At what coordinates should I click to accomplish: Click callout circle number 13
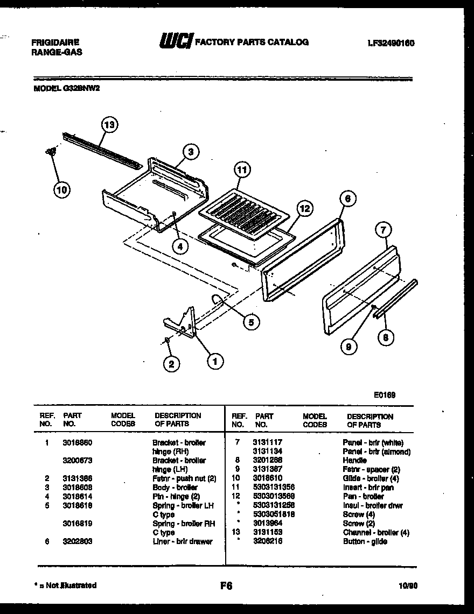[109, 125]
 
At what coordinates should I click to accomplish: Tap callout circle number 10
[62, 189]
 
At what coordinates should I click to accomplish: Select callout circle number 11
[242, 171]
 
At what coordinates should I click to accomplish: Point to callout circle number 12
[304, 208]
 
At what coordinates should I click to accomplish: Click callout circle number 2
[171, 364]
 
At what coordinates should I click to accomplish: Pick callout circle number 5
[250, 322]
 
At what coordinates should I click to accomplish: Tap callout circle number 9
[349, 347]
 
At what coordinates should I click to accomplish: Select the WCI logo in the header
[176, 41]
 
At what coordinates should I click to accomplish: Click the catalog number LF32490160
[391, 43]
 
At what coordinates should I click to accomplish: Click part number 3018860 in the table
[77, 443]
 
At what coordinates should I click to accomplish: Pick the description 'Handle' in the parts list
[354, 461]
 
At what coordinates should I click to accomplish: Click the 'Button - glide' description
[365, 542]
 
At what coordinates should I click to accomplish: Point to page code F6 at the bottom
[226, 586]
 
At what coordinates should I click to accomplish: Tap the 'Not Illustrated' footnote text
[67, 585]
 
